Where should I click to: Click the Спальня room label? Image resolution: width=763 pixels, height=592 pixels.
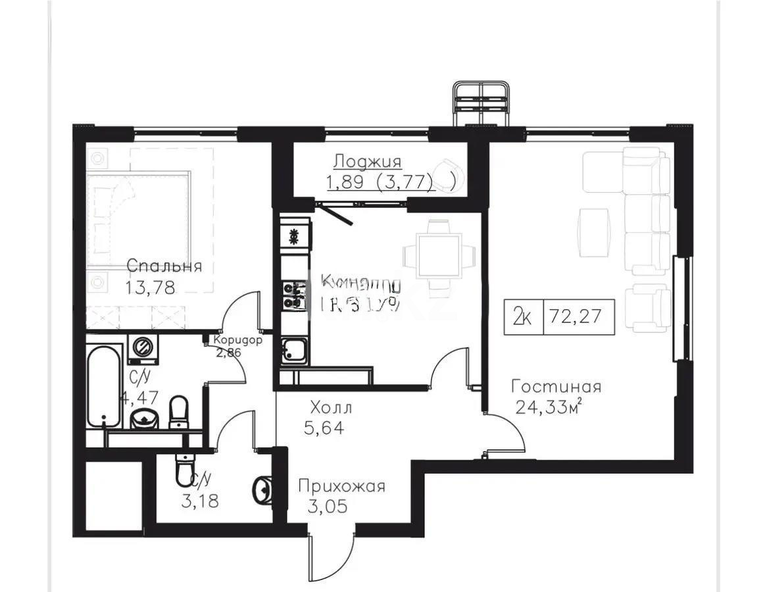(x=164, y=266)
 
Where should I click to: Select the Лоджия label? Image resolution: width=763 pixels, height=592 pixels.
(x=367, y=161)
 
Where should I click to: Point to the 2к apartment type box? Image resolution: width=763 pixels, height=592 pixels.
(x=523, y=318)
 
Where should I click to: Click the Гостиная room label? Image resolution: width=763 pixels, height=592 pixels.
(x=556, y=387)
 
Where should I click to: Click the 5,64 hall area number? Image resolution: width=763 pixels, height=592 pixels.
(x=323, y=429)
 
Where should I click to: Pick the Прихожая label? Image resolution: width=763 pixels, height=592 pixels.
(x=341, y=487)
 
